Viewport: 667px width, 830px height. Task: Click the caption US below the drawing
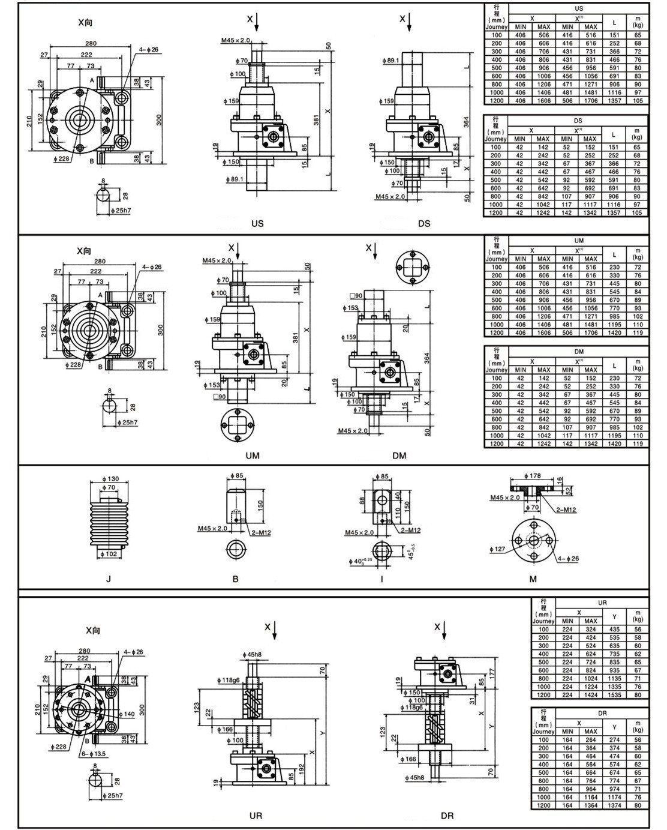point(257,224)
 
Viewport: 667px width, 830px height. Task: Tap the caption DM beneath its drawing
point(399,456)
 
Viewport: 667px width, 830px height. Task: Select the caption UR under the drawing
point(256,816)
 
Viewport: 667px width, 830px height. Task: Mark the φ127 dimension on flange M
point(498,549)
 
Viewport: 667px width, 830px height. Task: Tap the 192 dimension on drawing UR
point(301,766)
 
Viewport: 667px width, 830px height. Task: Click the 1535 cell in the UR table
point(614,695)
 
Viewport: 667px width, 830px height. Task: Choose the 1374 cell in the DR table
point(614,805)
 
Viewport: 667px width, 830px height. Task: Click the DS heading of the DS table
point(578,121)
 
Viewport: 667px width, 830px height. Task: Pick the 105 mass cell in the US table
point(637,101)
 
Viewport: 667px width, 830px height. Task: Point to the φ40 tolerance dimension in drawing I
point(362,561)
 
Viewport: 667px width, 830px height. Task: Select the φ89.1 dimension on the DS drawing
point(390,61)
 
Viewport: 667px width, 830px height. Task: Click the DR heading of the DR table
point(602,713)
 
